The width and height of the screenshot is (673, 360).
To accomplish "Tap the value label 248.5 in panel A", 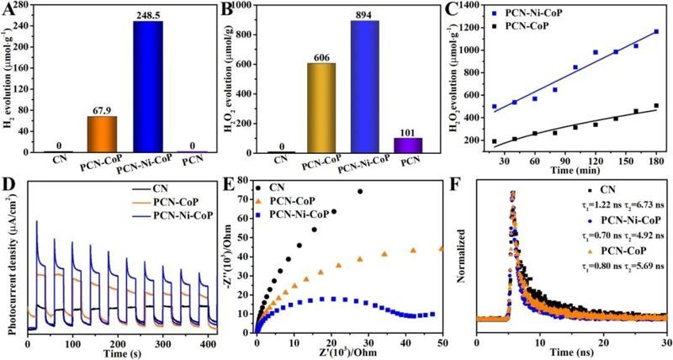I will click(x=146, y=14).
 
